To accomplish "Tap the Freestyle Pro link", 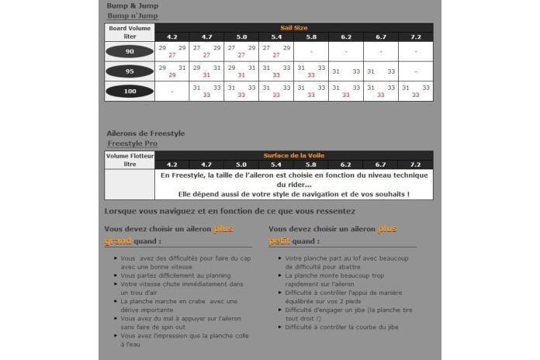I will pos(132,144).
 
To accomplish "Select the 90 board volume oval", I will pos(130,51).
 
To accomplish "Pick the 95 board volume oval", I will pos(130,71).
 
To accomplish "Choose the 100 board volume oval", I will pos(130,91).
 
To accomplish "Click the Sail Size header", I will pos(293,28).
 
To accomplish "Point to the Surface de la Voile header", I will pos(293,155).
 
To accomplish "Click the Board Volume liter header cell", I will pos(130,33).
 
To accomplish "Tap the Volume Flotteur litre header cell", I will pos(130,160).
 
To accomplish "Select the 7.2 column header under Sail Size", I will pos(415,37).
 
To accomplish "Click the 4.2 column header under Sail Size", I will pos(171,37).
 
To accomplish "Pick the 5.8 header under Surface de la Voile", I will pos(310,164).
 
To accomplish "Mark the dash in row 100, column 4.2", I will pos(171,91).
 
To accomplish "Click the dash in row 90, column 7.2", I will pos(415,52).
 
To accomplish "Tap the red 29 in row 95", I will pos(171,75).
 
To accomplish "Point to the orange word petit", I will pos(280,241).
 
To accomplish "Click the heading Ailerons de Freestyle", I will pos(145,133).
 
